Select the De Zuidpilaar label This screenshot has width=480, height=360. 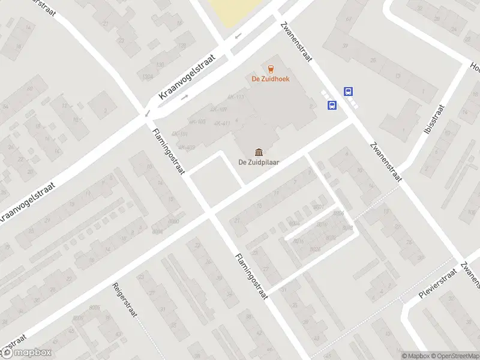click(x=258, y=161)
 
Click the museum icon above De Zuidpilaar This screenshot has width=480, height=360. click(x=258, y=151)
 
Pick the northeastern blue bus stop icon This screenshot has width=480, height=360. click(x=348, y=92)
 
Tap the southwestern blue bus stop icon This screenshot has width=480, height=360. click(x=332, y=105)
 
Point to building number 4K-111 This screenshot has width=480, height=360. click(x=236, y=97)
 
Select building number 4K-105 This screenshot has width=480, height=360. click(x=197, y=122)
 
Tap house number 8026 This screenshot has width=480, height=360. click(x=316, y=248)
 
